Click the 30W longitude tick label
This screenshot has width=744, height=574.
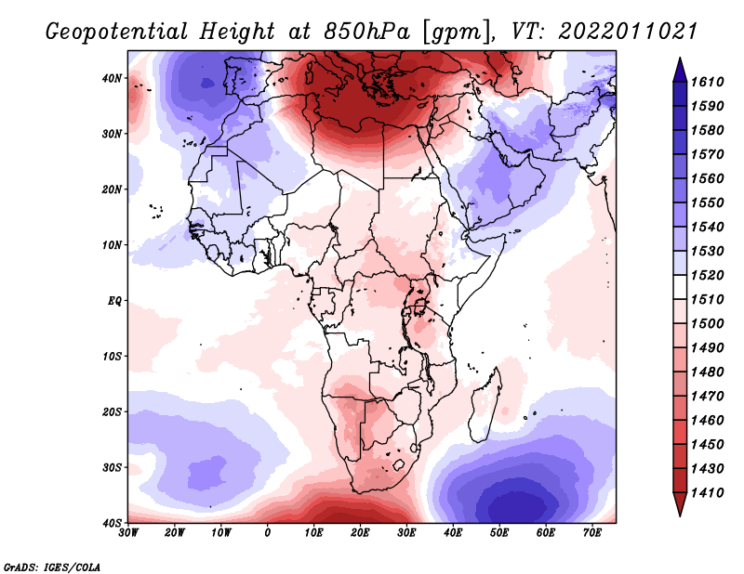(x=128, y=532)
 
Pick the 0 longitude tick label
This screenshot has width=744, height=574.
(x=268, y=532)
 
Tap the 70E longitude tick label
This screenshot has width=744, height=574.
(x=591, y=532)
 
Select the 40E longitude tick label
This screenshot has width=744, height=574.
(x=453, y=532)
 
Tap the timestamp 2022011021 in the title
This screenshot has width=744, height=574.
(x=629, y=32)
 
